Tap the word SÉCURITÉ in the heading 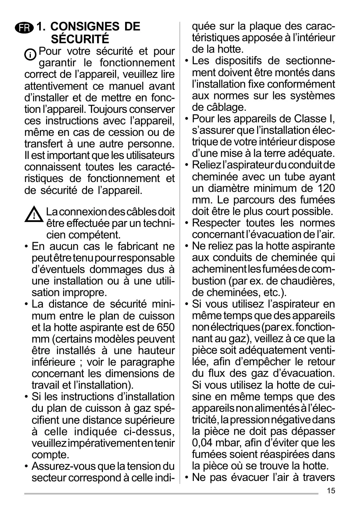tap(80, 40)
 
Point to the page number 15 tap(331, 490)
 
